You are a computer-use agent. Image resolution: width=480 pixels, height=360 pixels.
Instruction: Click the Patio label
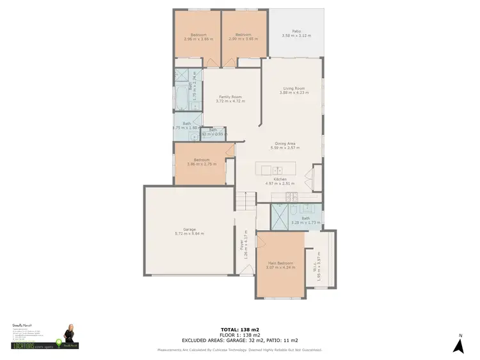click(296, 31)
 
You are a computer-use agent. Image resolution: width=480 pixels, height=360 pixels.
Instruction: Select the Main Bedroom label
click(281, 263)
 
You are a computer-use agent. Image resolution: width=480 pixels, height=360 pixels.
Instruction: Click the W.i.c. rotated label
click(317, 262)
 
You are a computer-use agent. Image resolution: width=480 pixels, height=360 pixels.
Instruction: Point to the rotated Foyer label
click(242, 249)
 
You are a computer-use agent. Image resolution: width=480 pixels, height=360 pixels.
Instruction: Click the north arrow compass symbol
click(458, 345)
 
